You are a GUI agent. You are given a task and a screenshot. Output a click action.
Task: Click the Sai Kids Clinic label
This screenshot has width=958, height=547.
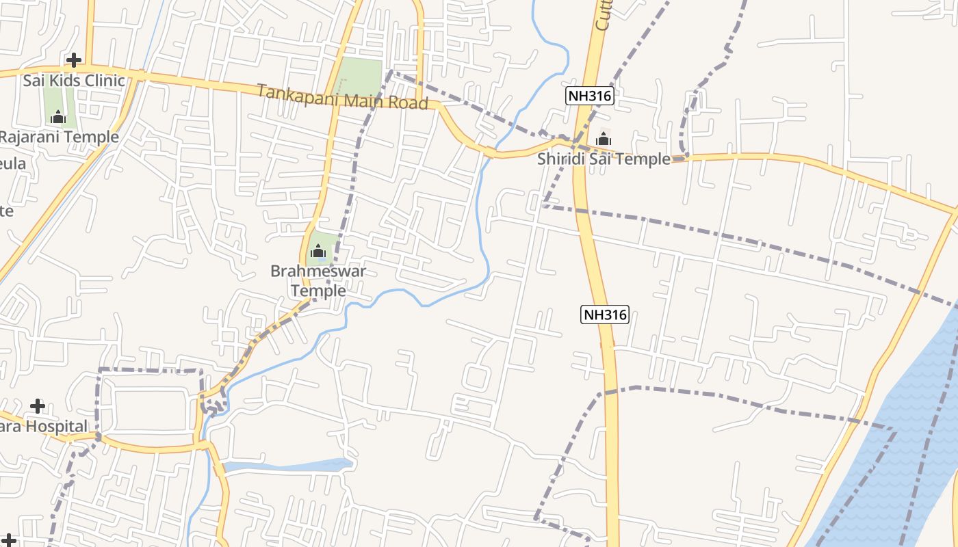(74, 81)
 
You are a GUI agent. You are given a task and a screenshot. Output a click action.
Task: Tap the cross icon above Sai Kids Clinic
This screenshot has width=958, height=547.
(73, 60)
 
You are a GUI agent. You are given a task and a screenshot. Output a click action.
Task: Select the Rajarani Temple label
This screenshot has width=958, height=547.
(59, 137)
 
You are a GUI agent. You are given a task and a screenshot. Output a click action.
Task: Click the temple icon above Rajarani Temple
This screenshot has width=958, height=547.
(57, 117)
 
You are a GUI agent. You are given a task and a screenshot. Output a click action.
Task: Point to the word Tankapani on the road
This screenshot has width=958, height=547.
(298, 95)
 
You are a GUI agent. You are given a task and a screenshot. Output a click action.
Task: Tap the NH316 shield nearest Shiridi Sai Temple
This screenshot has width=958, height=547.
(589, 96)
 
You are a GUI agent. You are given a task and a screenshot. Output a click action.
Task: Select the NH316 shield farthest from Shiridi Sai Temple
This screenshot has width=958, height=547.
(605, 315)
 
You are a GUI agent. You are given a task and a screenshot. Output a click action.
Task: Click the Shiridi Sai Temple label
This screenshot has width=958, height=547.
(604, 159)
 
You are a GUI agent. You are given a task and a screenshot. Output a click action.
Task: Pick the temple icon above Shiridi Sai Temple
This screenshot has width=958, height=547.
(603, 139)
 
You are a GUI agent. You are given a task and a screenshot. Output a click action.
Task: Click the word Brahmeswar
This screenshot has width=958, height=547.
(318, 271)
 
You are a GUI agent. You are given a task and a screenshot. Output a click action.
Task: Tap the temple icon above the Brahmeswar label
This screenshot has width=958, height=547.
(318, 251)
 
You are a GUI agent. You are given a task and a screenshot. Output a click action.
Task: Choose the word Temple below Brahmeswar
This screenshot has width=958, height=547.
(318, 291)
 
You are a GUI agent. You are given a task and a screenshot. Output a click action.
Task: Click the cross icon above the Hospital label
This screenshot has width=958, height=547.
(37, 407)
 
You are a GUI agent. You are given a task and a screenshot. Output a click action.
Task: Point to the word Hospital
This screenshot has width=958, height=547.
(51, 427)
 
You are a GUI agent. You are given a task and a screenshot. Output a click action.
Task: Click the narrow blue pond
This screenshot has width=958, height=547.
(287, 466)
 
